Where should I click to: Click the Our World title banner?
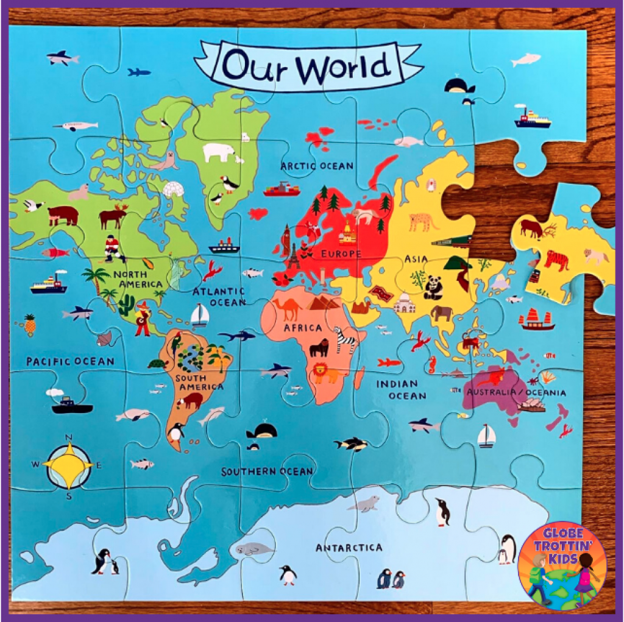[308, 65]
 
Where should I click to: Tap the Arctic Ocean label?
[316, 165]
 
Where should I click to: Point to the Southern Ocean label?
[267, 472]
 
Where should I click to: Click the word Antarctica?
[349, 548]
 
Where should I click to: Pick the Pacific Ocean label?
[70, 361]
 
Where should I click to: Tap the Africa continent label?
[302, 328]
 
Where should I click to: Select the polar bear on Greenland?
[218, 152]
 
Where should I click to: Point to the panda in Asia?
[433, 287]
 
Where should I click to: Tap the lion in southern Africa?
[325, 373]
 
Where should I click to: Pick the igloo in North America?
[174, 189]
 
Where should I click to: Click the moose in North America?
[113, 216]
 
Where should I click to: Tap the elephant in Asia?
[441, 313]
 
